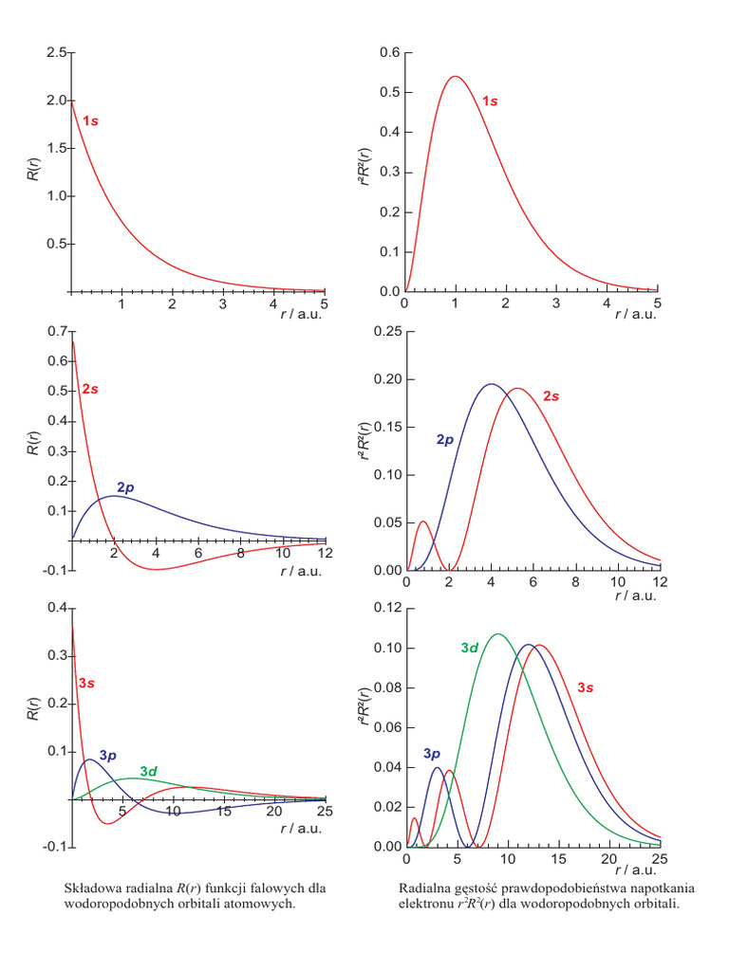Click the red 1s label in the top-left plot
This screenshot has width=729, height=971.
coord(91,121)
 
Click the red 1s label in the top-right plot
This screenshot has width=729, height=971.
coord(489,101)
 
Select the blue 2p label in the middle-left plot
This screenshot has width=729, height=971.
coord(125,487)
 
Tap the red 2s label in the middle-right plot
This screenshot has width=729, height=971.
coord(551,396)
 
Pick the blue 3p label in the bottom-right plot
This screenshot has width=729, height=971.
coord(433,753)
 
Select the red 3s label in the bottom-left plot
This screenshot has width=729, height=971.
coord(85,683)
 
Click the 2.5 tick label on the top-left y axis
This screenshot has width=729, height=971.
coord(55,53)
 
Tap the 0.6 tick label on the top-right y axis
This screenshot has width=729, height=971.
coord(389,53)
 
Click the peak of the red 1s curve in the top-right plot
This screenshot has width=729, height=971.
coord(456,77)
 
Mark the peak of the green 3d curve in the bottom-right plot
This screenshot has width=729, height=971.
coord(497,633)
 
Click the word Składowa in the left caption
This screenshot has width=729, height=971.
coord(91,889)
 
